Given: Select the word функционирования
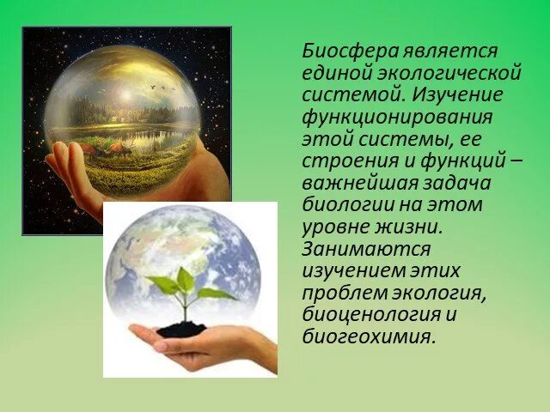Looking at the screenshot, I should [x=395, y=116].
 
